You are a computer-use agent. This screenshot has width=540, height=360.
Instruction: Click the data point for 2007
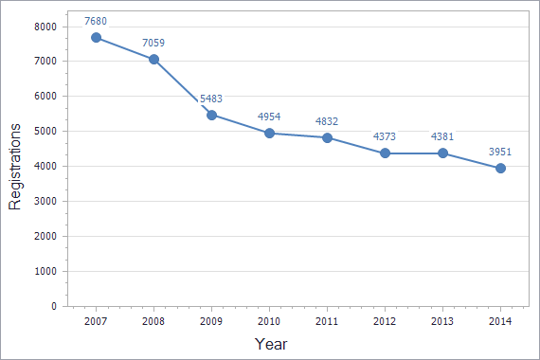pyautogui.click(x=96, y=37)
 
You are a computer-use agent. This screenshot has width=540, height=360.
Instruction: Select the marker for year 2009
pyautogui.click(x=211, y=115)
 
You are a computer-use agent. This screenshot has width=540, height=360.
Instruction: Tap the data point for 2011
pyautogui.click(x=327, y=137)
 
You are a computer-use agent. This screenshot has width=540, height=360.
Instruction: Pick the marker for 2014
pyautogui.click(x=500, y=168)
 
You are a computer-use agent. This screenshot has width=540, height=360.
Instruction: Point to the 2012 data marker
pyautogui.click(x=385, y=153)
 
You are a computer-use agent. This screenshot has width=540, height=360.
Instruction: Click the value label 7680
pyautogui.click(x=96, y=20)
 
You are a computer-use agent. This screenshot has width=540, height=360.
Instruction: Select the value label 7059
pyautogui.click(x=153, y=42)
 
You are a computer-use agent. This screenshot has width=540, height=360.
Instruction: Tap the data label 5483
pyautogui.click(x=211, y=98)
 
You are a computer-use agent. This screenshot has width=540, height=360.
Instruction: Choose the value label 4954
pyautogui.click(x=269, y=117)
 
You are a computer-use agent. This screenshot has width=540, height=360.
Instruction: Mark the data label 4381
pyautogui.click(x=442, y=136)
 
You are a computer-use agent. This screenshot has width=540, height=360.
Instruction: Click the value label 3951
pyautogui.click(x=500, y=152)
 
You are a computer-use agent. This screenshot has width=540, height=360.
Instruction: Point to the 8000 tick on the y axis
pyautogui.click(x=45, y=27)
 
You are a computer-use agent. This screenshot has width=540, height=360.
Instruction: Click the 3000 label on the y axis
pyautogui.click(x=45, y=202)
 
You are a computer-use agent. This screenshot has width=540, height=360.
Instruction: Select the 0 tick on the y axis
pyautogui.click(x=55, y=307)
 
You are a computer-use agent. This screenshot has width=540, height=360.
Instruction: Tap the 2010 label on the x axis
pyautogui.click(x=269, y=322)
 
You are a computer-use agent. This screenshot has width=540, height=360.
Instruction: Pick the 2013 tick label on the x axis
pyautogui.click(x=442, y=322)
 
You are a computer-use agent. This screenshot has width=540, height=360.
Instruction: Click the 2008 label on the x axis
pyautogui.click(x=153, y=322)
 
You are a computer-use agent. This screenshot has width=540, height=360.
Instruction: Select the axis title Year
pyautogui.click(x=271, y=344)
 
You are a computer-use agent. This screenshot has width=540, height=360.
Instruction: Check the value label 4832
pyautogui.click(x=327, y=121)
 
